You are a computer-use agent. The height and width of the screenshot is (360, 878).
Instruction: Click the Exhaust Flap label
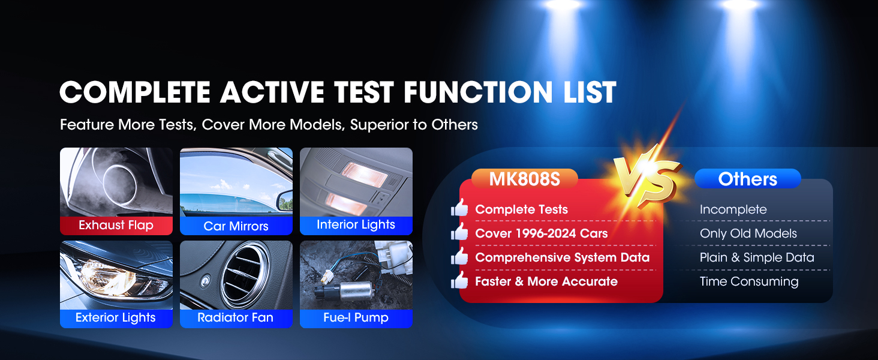[116, 226]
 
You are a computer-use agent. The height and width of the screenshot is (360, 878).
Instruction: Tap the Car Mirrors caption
[236, 226]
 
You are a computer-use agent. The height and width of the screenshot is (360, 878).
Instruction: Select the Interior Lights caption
[356, 225]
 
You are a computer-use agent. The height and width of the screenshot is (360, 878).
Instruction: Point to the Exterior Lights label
[116, 318]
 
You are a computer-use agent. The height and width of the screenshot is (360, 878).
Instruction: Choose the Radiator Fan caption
[236, 318]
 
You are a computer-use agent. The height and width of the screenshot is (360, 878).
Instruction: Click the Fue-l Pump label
[356, 318]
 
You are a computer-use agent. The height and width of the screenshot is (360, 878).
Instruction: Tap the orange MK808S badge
[524, 179]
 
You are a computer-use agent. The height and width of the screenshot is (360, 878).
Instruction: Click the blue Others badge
[747, 179]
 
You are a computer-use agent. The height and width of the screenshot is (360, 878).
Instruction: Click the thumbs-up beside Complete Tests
[460, 209]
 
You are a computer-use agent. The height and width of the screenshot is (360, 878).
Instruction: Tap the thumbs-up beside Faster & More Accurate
[460, 281]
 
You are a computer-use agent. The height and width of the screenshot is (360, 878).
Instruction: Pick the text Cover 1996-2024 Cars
[541, 233]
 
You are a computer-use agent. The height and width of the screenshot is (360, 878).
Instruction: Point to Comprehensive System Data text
[562, 257]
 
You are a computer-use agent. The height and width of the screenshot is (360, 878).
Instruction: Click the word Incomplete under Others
[733, 209]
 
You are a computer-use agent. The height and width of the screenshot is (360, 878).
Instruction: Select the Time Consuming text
[748, 281]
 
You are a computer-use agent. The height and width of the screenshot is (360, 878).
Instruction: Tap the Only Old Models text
[748, 233]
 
